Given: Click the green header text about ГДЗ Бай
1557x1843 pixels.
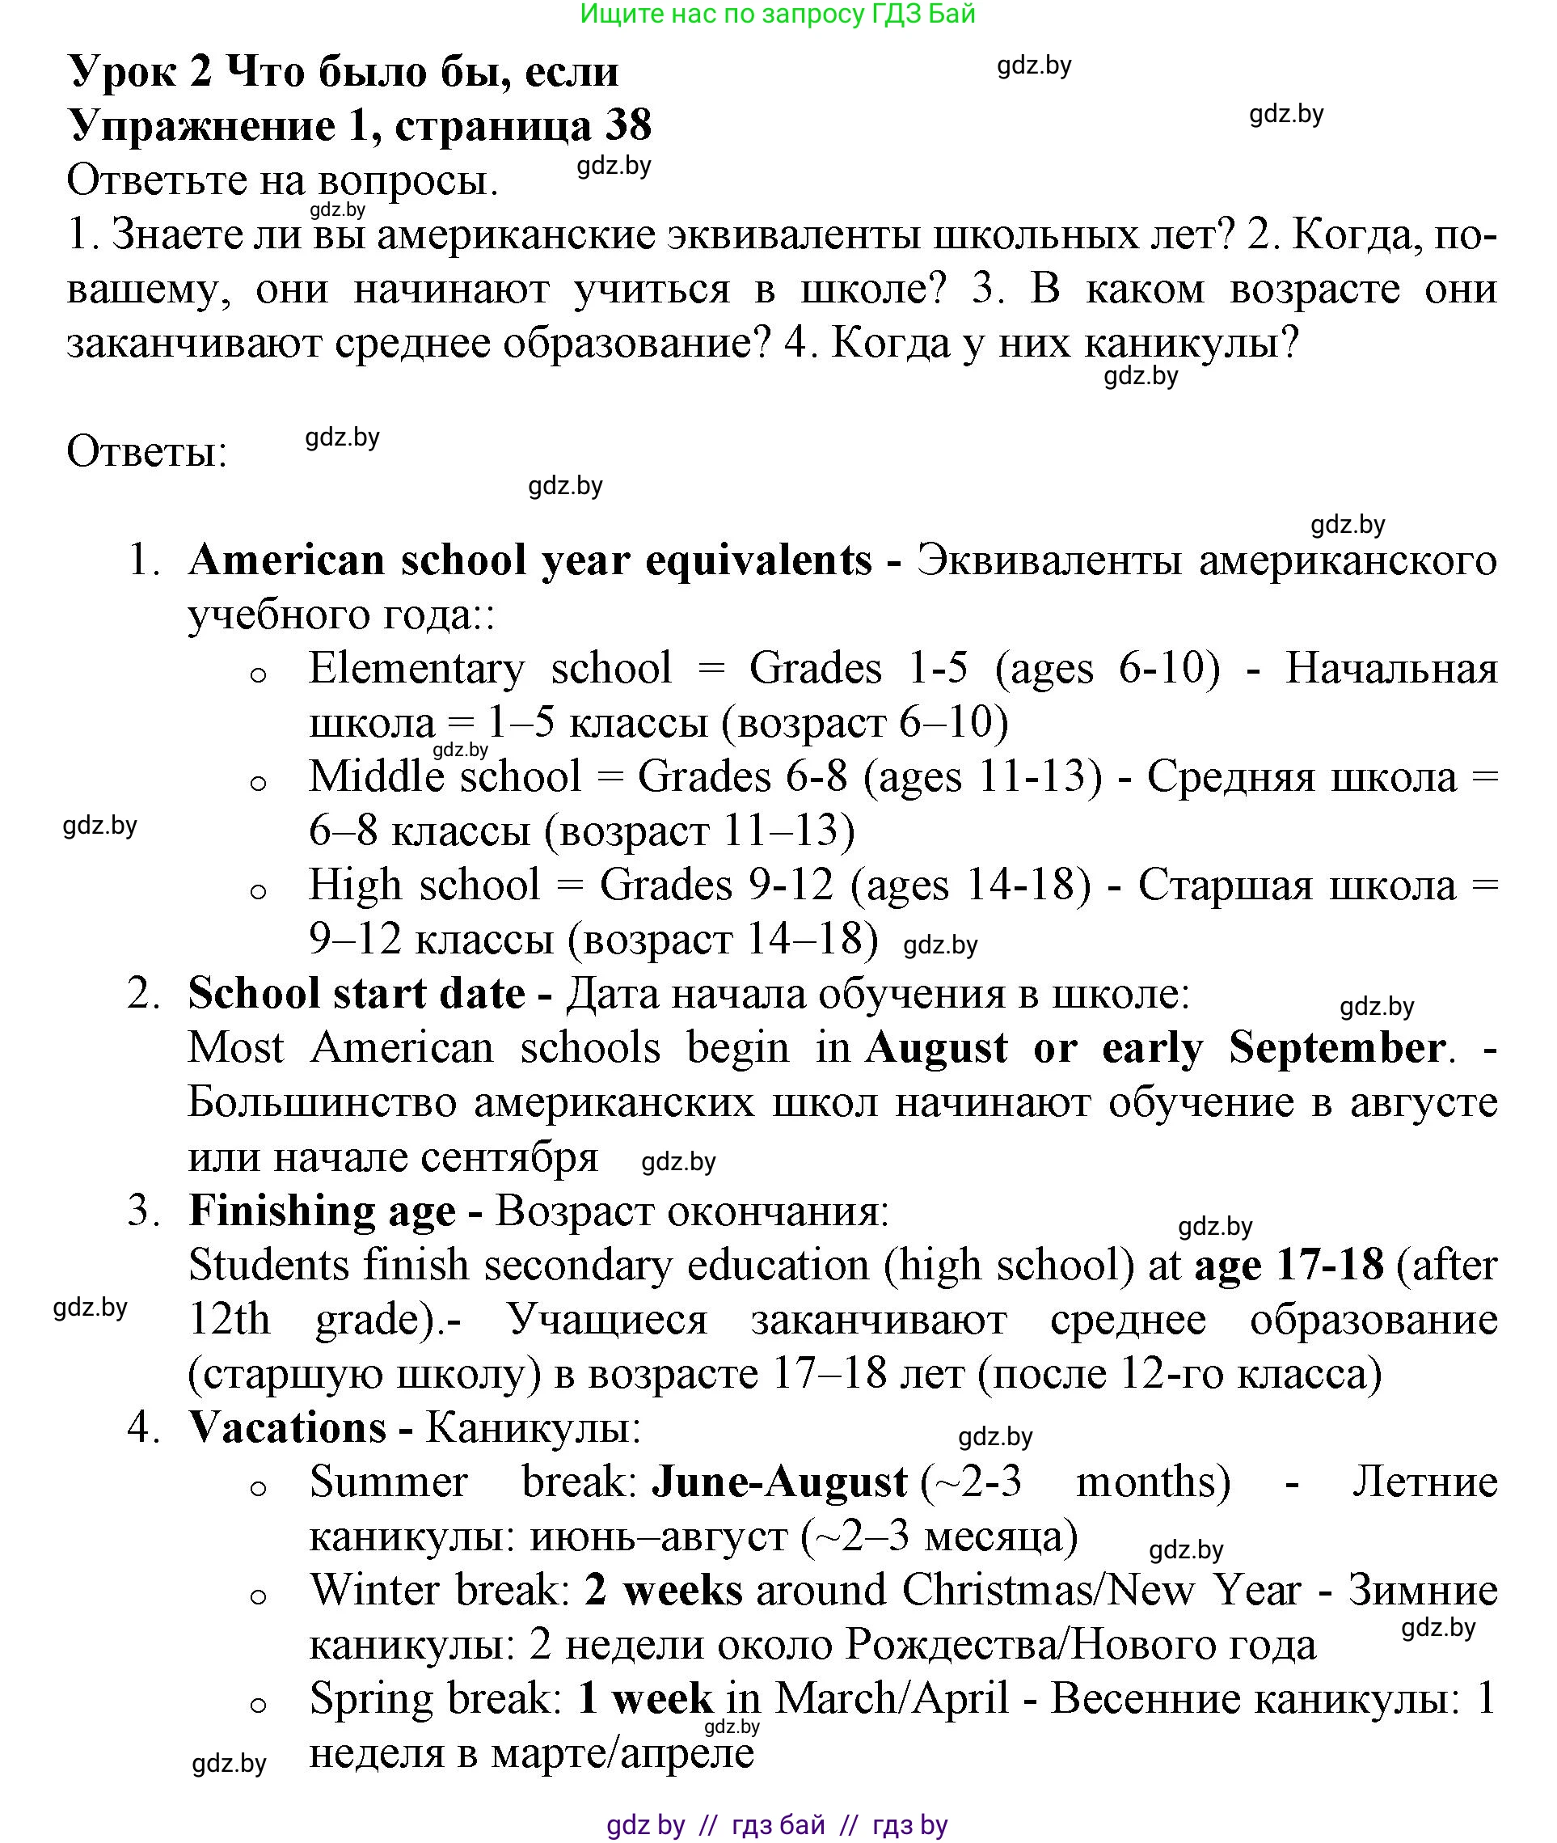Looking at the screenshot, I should [778, 13].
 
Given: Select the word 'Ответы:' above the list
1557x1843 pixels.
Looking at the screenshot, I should [146, 452].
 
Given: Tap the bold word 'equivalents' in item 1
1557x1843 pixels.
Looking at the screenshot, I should [758, 560].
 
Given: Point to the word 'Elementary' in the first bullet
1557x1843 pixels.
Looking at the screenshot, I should [416, 669].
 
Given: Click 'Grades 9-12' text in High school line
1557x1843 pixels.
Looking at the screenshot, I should [715, 885].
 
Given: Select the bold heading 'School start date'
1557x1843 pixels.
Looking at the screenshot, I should [357, 993].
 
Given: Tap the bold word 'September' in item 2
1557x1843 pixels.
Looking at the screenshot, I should [1336, 1048].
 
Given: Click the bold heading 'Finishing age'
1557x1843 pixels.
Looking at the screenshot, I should [323, 1211].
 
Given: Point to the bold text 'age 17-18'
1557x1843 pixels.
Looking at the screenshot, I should [1289, 1266].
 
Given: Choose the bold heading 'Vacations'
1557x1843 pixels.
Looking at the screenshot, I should [288, 1428].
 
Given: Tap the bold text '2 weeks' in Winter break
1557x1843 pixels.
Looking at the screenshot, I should [663, 1591].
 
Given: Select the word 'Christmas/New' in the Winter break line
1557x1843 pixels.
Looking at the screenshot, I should [1047, 1591].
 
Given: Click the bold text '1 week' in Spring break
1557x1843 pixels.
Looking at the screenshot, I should [644, 1698].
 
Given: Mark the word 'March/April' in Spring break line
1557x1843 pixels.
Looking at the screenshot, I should [892, 1698].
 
